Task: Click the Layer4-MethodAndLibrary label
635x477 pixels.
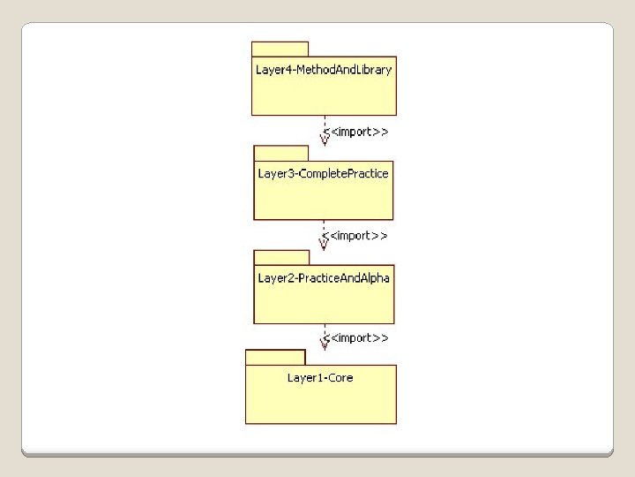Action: click(324, 70)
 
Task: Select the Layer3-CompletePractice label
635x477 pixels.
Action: click(323, 174)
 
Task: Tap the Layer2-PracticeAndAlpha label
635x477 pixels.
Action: click(324, 278)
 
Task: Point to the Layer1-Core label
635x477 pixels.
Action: click(320, 378)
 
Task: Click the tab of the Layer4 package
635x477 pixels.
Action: click(280, 49)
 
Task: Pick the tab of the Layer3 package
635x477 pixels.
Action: click(281, 153)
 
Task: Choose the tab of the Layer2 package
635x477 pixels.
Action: click(282, 257)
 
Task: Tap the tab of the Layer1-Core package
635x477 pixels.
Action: click(275, 357)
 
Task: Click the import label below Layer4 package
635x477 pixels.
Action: click(357, 132)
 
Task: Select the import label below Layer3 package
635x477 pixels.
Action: click(356, 236)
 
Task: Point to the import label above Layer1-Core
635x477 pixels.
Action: click(357, 338)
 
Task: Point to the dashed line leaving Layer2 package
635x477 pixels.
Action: click(324, 330)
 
